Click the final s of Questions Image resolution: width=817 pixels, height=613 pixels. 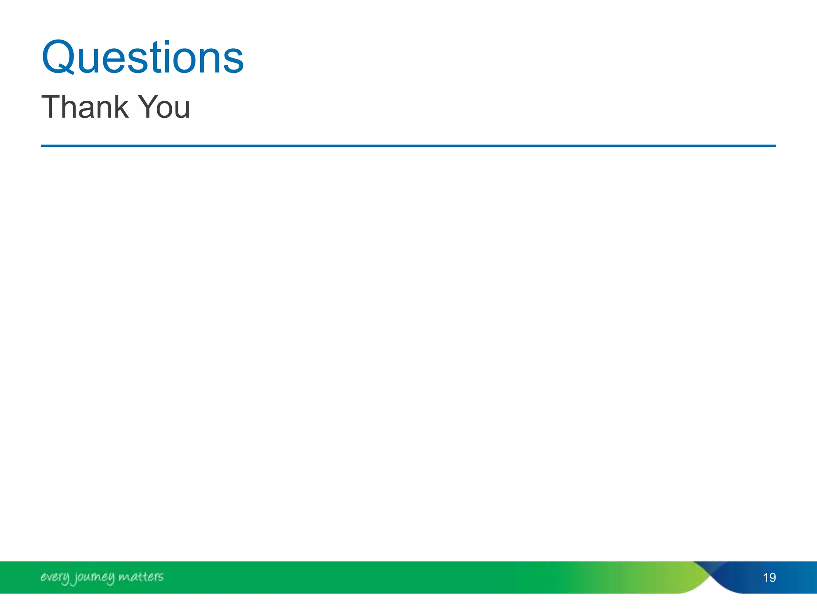coord(234,61)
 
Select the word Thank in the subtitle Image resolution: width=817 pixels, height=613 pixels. coord(85,107)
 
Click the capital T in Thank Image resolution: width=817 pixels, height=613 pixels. coord(51,107)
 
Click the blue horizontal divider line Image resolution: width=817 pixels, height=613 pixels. coord(408,146)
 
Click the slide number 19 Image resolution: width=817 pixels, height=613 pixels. coord(769,577)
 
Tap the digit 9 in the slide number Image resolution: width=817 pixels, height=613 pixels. coord(773,577)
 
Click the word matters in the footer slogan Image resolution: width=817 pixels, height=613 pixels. coord(141,577)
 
